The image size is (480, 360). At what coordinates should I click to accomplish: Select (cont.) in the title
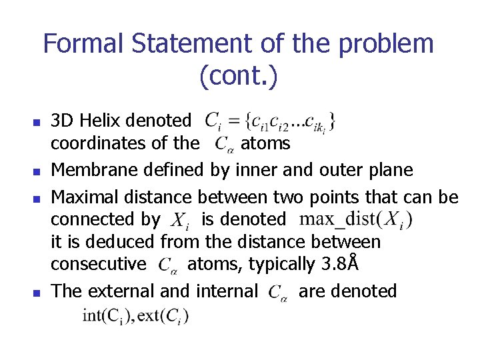tap(238, 77)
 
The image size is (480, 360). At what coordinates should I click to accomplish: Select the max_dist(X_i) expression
tap(356, 219)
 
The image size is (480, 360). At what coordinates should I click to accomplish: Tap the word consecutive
tap(99, 264)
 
